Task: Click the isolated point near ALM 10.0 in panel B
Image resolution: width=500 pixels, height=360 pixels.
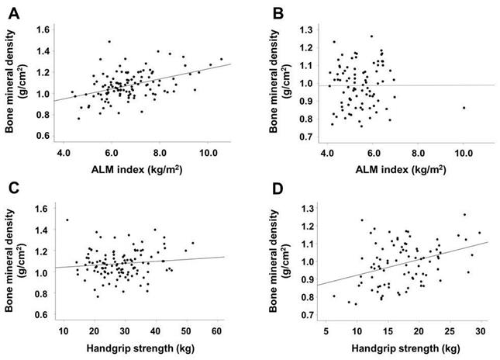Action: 464,108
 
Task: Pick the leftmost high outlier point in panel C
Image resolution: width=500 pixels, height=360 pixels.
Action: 67,220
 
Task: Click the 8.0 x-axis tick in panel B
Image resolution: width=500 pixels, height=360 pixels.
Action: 419,154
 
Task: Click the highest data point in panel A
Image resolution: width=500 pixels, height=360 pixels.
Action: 109,42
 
